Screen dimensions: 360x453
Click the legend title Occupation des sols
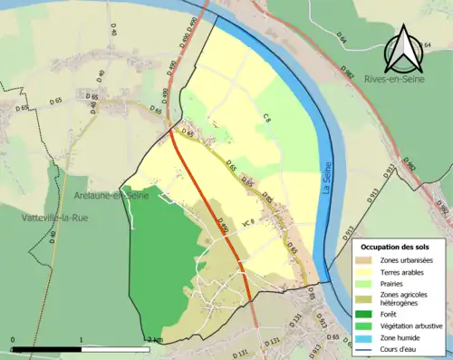pos(397,247)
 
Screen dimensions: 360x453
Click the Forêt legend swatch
pos(366,315)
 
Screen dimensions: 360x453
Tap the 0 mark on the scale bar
pos(13,340)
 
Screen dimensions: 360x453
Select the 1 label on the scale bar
pos(82,340)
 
